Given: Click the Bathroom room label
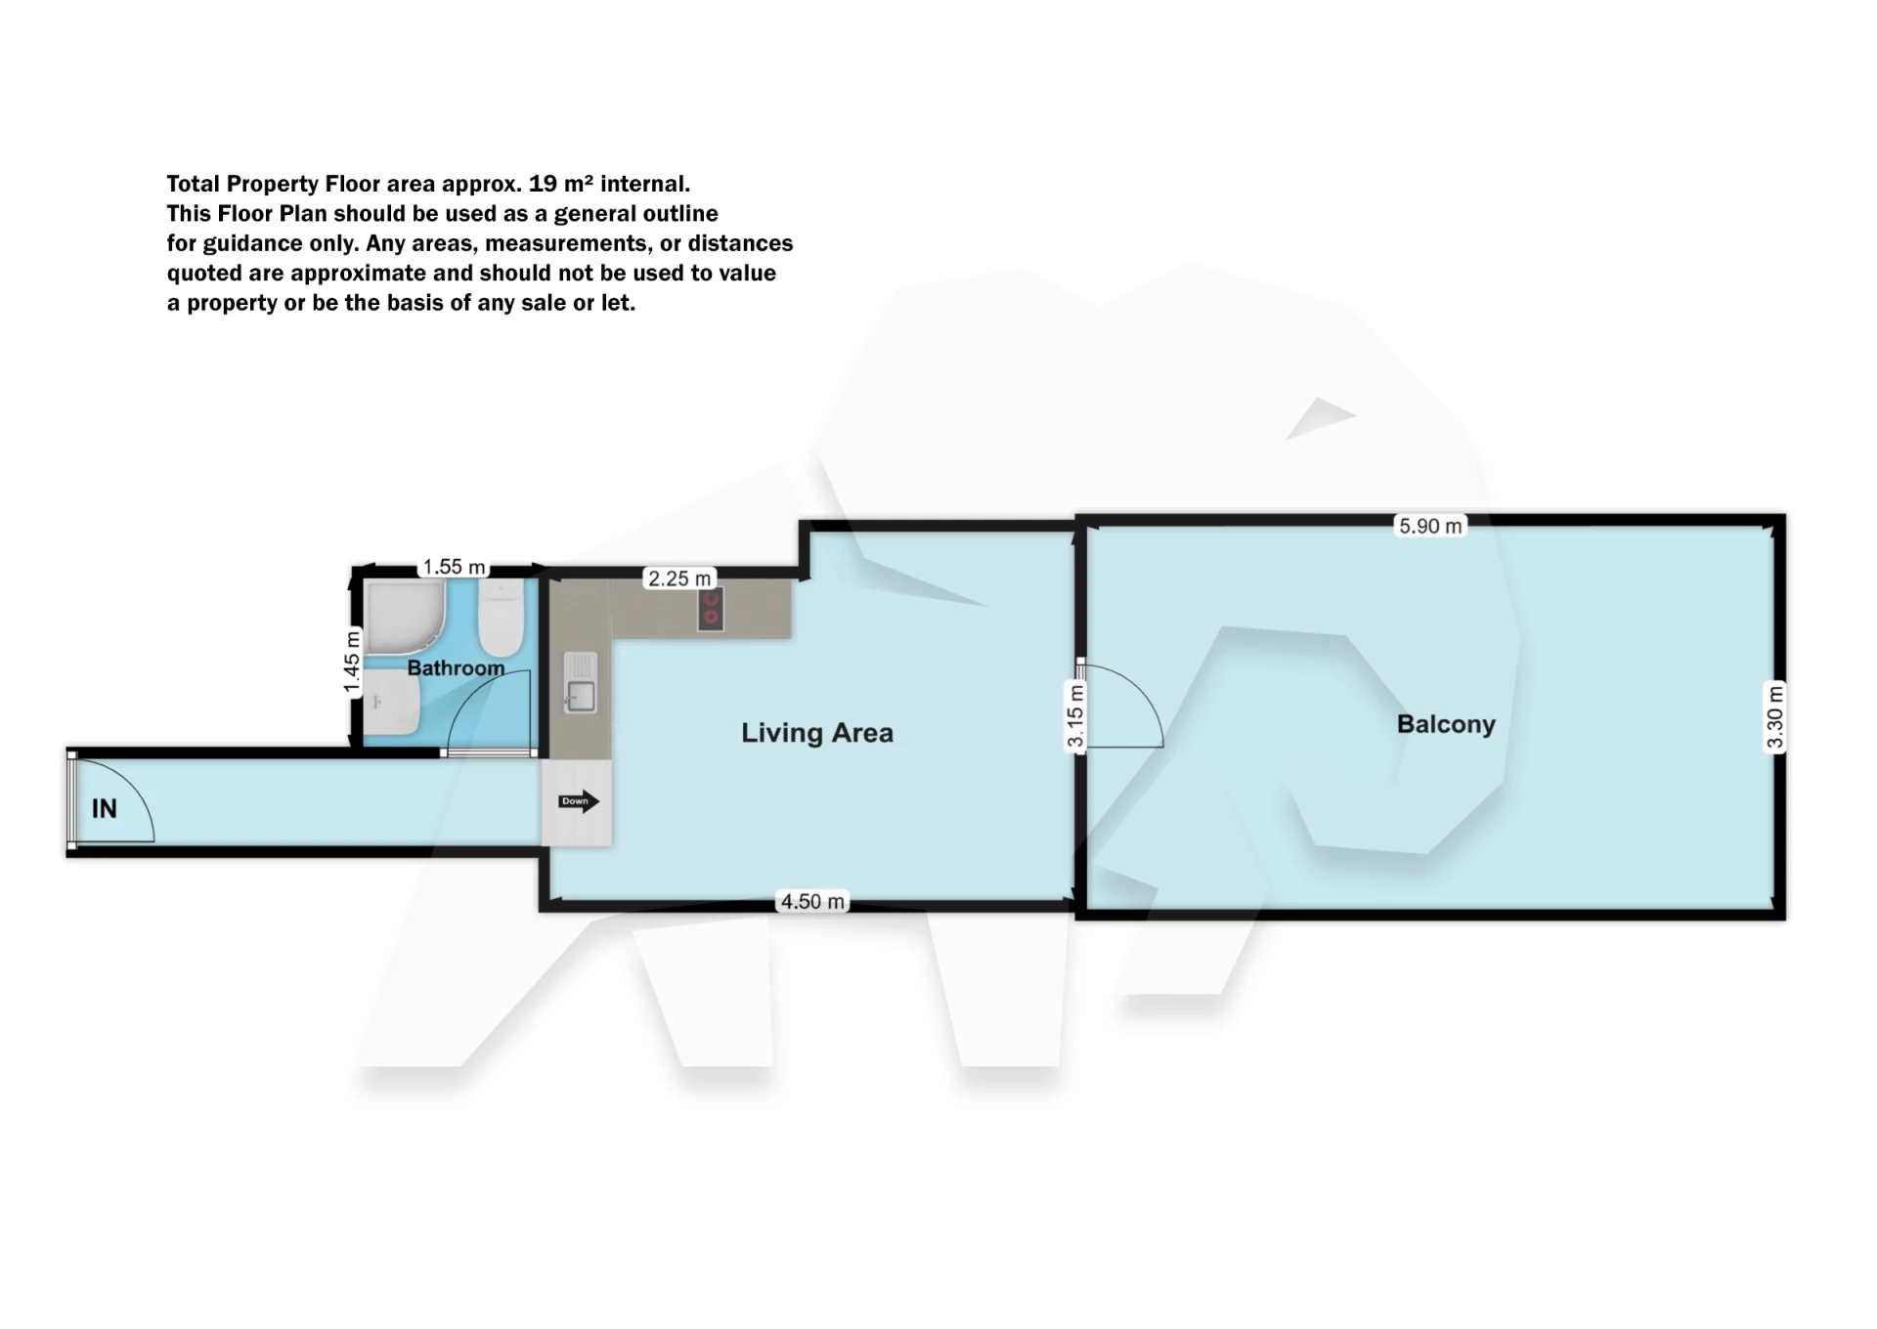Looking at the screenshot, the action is coord(456,668).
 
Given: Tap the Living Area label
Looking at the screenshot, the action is coord(817,733).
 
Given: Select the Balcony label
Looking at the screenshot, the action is coord(1446,724).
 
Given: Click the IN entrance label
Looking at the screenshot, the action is coord(105,808).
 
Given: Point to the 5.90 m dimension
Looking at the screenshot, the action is coord(1430,526).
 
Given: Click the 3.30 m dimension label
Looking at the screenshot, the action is coord(1775,716).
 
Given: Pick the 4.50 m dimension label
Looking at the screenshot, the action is coord(812,901).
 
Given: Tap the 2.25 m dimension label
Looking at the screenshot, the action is coord(679,579).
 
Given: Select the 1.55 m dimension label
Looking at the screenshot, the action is coord(454,567).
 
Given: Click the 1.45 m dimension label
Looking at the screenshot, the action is coord(352,663).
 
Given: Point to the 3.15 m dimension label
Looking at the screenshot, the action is coord(1075,716).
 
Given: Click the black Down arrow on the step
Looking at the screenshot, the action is coord(578,801).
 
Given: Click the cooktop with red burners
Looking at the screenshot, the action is coord(711,608).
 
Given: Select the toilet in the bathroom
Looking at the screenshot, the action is coord(501,618).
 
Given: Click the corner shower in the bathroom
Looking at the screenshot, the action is coord(405,616).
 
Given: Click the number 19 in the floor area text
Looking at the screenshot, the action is coord(544,184).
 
